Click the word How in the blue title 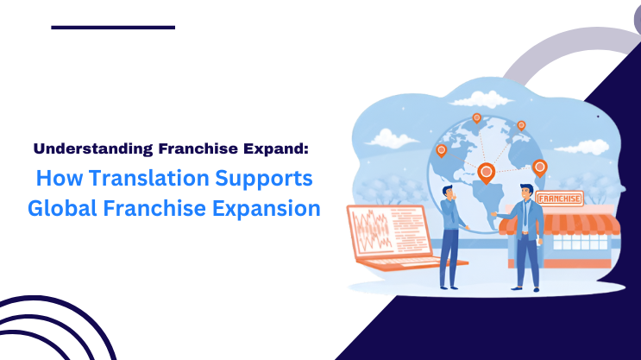(54, 180)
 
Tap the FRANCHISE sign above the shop (559, 199)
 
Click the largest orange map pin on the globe (487, 174)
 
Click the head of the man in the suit (527, 191)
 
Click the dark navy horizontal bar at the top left (112, 28)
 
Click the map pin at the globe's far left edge (441, 150)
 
